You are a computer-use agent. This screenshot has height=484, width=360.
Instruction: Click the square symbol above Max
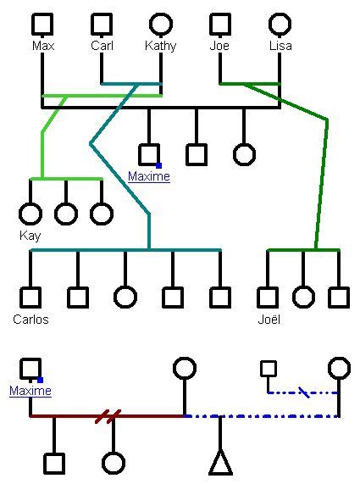pyautogui.click(x=42, y=24)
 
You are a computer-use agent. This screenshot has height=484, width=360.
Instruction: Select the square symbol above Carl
pyautogui.click(x=102, y=24)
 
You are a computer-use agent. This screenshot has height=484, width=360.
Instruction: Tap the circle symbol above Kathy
pyautogui.click(x=161, y=24)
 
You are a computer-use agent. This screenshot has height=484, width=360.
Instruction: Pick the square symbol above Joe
pyautogui.click(x=220, y=24)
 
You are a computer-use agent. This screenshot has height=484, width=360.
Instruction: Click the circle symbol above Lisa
pyautogui.click(x=280, y=24)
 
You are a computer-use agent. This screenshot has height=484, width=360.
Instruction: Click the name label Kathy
pyautogui.click(x=161, y=46)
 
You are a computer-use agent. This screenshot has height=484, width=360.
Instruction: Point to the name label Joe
pyautogui.click(x=219, y=46)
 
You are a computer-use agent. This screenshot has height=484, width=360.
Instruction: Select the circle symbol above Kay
pyautogui.click(x=30, y=214)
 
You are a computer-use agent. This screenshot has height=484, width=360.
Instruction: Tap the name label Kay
pyautogui.click(x=30, y=236)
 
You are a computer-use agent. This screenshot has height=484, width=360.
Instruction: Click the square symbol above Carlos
pyautogui.click(x=30, y=297)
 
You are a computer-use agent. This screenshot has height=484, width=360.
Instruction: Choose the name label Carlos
pyautogui.click(x=30, y=320)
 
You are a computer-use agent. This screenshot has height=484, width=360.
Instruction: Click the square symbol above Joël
pyautogui.click(x=268, y=297)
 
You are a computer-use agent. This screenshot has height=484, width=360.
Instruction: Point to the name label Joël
pyautogui.click(x=269, y=320)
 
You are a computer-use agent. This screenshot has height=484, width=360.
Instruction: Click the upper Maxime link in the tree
pyautogui.click(x=148, y=176)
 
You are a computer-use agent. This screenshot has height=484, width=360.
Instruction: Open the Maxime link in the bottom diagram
pyautogui.click(x=30, y=391)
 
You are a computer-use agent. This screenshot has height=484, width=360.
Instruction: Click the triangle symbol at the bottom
pyautogui.click(x=220, y=463)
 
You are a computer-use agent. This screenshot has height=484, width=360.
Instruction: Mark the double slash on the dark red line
pyautogui.click(x=108, y=416)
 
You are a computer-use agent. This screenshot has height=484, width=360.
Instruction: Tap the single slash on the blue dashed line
pyautogui.click(x=303, y=392)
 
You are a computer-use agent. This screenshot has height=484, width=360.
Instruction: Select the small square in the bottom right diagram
pyautogui.click(x=268, y=368)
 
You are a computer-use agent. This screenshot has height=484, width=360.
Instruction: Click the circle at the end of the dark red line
pyautogui.click(x=184, y=368)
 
